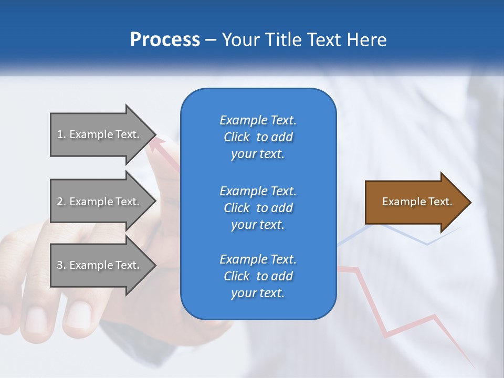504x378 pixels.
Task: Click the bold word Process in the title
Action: [x=165, y=40]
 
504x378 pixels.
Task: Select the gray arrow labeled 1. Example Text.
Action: [x=100, y=134]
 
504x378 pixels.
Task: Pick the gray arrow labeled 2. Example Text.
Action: [x=100, y=202]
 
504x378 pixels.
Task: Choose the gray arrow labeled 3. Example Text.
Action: [x=100, y=265]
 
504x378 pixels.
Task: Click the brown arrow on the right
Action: [x=415, y=202]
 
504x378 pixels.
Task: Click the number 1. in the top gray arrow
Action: [x=61, y=134]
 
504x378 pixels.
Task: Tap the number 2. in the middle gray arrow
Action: [x=61, y=202]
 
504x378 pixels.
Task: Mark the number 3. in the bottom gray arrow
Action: [x=61, y=265]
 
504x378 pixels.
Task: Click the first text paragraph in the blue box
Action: [x=258, y=137]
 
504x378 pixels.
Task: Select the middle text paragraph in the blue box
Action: [x=258, y=208]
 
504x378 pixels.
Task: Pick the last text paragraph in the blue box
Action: [x=258, y=276]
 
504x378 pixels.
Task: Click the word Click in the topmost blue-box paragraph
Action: [x=236, y=137]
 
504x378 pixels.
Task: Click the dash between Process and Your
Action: [x=211, y=40]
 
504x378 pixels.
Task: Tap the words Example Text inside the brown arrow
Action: [x=417, y=202]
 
